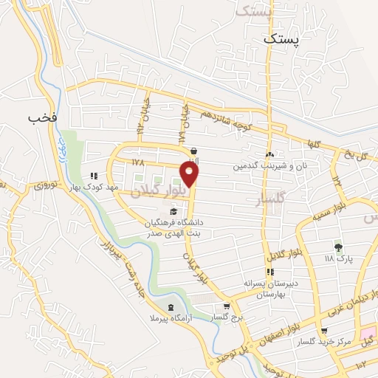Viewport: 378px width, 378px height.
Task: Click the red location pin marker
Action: [190, 173]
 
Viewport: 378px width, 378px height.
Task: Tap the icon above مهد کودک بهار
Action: [94, 176]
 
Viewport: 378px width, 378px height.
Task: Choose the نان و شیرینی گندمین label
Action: [269, 166]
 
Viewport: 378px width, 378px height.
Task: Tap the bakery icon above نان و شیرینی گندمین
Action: [269, 154]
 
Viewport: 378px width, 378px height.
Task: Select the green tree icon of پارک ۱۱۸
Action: [339, 247]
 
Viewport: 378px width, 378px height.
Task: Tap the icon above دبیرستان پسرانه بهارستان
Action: [270, 272]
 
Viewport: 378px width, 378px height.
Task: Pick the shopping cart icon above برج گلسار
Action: [227, 306]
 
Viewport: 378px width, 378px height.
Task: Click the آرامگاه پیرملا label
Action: [172, 319]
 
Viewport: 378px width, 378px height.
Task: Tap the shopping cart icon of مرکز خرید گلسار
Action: [325, 331]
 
